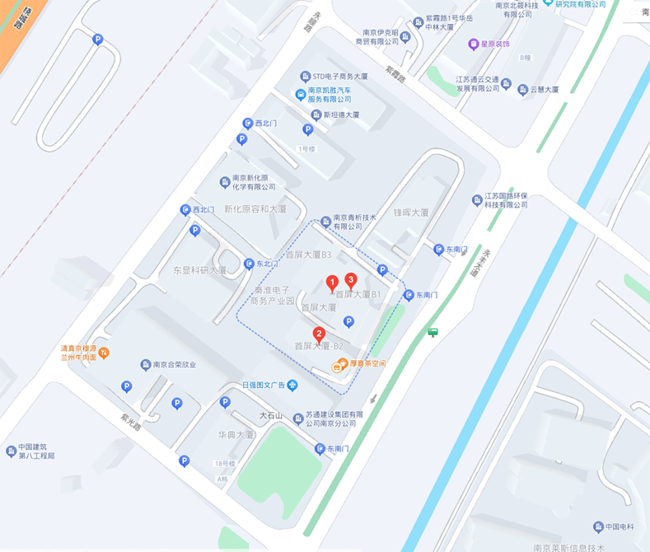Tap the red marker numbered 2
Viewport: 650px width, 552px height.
click(x=319, y=334)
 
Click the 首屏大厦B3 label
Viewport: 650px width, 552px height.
click(x=308, y=255)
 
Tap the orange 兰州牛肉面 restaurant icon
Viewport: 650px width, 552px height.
click(x=104, y=353)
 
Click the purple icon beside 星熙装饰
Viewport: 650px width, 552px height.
click(x=473, y=44)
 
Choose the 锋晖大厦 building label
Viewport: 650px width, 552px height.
click(x=410, y=213)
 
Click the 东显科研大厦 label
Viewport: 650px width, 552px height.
click(x=199, y=269)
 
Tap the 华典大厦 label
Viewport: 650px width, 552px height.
click(x=236, y=433)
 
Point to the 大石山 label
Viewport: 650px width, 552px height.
click(x=271, y=416)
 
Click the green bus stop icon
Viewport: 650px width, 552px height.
click(x=433, y=333)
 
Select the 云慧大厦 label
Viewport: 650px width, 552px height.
click(x=544, y=89)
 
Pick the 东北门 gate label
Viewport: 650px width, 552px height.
click(x=266, y=264)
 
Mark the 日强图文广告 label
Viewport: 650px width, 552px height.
click(x=263, y=385)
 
